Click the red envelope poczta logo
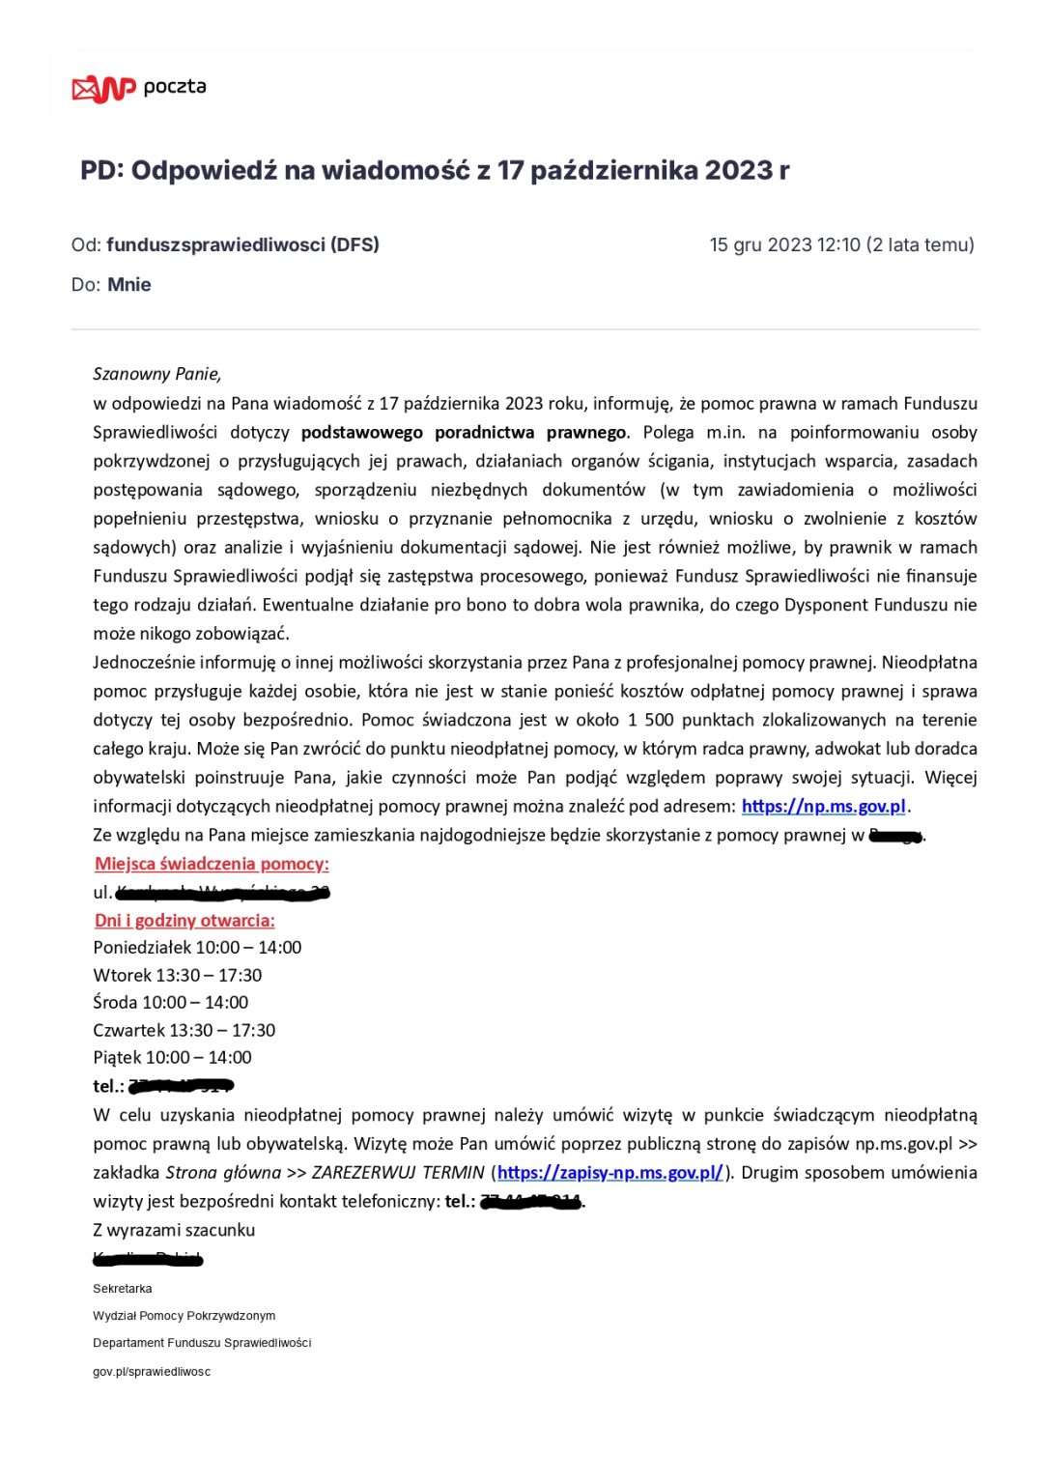click(102, 88)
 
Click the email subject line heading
click(435, 171)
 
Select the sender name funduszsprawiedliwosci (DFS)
click(242, 245)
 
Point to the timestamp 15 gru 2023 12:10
click(784, 245)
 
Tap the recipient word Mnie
click(129, 285)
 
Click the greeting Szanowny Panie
click(157, 374)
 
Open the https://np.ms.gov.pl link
click(824, 806)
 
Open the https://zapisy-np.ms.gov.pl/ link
click(610, 1172)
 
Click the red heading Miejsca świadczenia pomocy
click(212, 864)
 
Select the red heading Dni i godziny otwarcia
click(184, 920)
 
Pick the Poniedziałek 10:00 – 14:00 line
click(197, 948)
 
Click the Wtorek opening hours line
click(178, 976)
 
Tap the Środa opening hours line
click(171, 1003)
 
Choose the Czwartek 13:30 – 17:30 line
click(184, 1031)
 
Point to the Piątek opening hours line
click(172, 1058)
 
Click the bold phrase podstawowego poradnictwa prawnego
click(464, 432)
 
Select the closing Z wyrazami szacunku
click(174, 1230)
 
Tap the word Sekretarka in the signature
click(123, 1289)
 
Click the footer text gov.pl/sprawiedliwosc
click(152, 1372)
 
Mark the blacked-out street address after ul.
click(222, 893)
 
